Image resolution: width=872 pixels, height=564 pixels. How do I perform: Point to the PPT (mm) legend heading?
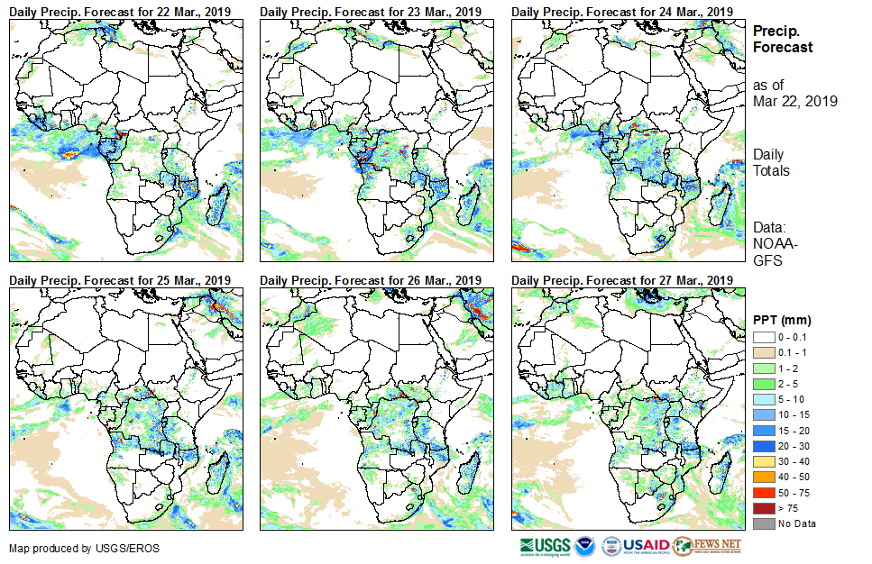(x=782, y=320)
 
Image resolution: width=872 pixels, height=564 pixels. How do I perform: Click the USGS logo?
(x=545, y=546)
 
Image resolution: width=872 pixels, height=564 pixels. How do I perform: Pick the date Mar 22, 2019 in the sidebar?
(x=795, y=101)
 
